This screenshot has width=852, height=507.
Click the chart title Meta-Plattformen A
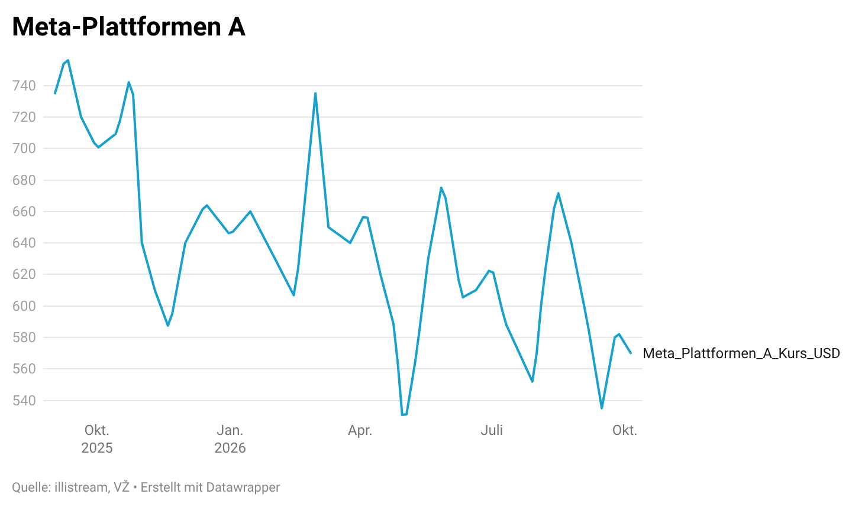coord(128,27)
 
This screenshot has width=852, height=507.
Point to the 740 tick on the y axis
coord(24,86)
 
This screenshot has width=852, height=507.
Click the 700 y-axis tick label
coord(24,148)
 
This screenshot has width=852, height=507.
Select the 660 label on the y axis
coord(24,212)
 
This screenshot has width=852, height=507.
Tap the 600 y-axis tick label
coord(24,305)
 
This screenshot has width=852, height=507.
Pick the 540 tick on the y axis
coord(24,400)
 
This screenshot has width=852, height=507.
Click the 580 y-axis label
coord(24,337)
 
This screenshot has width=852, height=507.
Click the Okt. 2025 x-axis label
coord(97,439)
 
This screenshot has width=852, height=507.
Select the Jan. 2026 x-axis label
coord(230,439)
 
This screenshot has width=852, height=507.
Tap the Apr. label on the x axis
coord(360,431)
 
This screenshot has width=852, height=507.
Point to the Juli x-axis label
coord(492,430)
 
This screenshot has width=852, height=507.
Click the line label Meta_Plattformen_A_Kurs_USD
coord(741,353)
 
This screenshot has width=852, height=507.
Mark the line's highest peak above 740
coord(67,60)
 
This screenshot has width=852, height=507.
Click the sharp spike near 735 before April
coord(315,93)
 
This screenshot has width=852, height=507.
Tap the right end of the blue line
coord(631,353)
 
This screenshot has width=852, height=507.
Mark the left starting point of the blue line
coord(55,93)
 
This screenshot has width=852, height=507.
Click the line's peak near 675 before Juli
coord(441,187)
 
